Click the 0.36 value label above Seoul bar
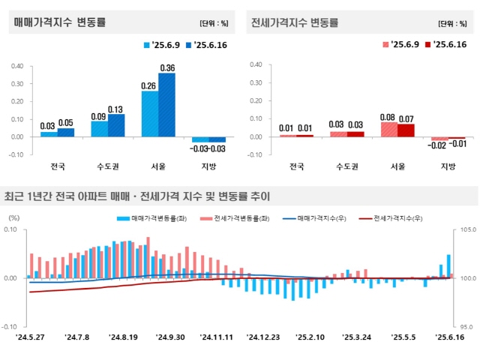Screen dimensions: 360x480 point(167,68)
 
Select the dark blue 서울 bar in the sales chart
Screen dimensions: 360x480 point(166,105)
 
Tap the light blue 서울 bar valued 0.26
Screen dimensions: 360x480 point(150,113)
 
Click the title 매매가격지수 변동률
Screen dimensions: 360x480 point(59,22)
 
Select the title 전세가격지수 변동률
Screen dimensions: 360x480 point(295,22)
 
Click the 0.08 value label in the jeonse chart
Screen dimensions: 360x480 point(388,117)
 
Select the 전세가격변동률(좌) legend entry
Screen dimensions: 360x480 point(232,217)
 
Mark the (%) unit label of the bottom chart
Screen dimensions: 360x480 point(13,217)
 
